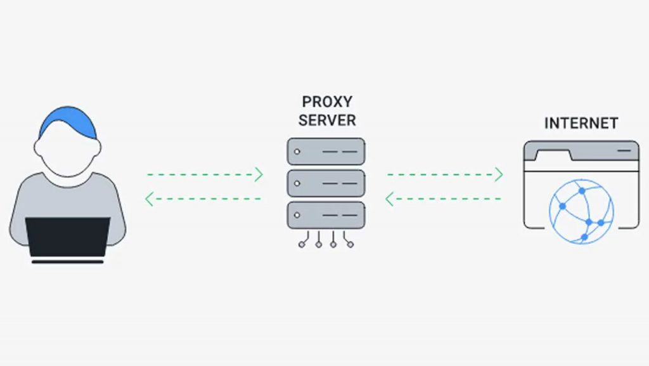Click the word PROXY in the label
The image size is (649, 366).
tap(327, 101)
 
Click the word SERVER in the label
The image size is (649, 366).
tap(327, 120)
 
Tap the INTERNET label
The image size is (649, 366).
tap(581, 123)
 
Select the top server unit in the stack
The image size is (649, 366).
tap(326, 152)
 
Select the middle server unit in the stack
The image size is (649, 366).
tap(326, 183)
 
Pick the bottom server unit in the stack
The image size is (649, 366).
tap(326, 214)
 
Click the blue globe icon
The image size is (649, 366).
tap(581, 212)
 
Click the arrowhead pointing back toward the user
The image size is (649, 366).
tap(149, 199)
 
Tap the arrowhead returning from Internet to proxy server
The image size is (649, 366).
tap(390, 199)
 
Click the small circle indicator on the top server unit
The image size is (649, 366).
tap(296, 152)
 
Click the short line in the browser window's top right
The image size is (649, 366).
tap(624, 150)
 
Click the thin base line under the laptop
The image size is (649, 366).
tap(68, 261)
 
